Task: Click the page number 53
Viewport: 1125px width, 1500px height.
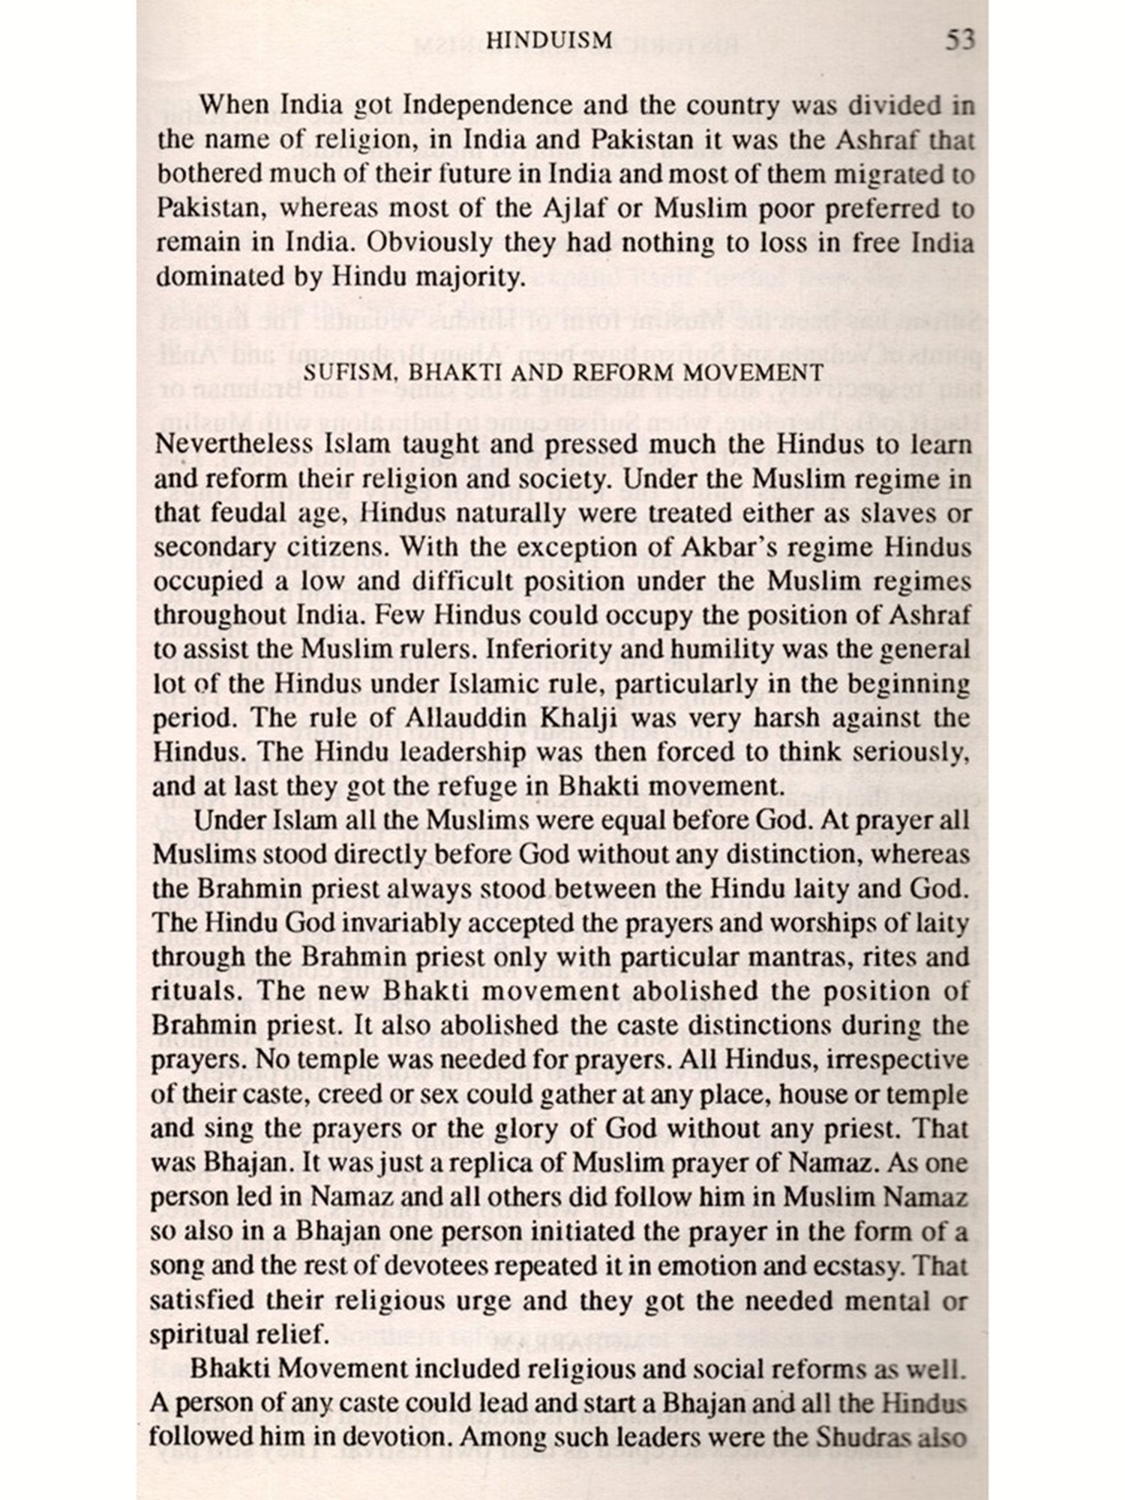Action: coord(959,39)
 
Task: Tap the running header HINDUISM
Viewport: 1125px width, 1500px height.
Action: coord(550,40)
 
